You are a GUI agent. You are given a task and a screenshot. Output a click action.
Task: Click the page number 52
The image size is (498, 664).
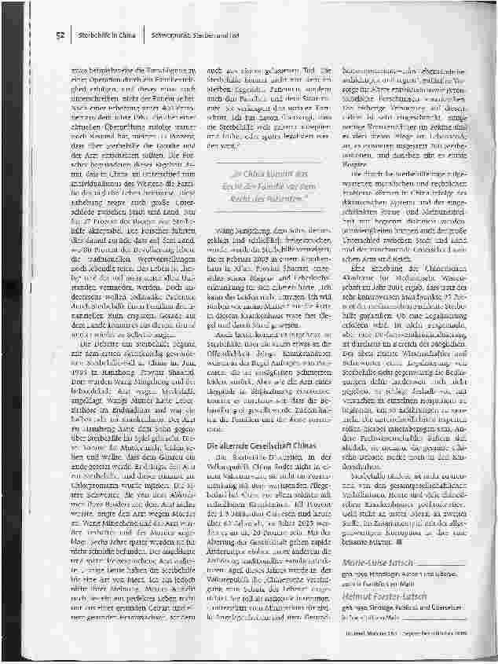coord(60,35)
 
